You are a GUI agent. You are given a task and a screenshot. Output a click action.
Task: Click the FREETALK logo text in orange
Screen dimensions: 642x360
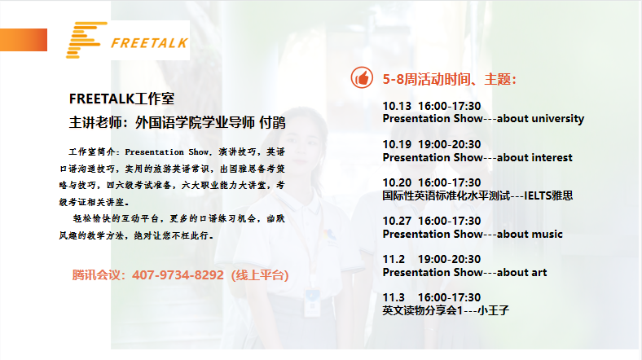149,43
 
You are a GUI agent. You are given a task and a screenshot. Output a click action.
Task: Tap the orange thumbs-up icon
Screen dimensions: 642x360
362,77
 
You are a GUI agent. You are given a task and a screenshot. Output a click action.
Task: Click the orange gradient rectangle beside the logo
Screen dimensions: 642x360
24,40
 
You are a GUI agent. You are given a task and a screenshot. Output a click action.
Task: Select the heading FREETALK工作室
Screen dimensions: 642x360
121,99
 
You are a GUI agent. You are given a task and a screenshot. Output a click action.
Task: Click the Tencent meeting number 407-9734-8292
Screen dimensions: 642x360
178,275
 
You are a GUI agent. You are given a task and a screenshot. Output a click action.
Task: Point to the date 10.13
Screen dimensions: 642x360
397,106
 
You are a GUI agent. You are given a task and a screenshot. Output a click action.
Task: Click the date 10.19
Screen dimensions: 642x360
397,144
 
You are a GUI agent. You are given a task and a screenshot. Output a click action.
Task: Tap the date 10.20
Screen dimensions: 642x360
397,182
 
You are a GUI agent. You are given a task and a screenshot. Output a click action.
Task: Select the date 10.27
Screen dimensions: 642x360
397,221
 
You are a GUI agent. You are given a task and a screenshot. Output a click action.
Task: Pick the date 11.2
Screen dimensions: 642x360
394,259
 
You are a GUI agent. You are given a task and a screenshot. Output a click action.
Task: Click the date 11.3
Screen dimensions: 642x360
394,297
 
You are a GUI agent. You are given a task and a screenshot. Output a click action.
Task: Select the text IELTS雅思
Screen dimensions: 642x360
548,195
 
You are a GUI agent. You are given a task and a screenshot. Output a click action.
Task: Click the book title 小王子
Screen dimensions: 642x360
494,310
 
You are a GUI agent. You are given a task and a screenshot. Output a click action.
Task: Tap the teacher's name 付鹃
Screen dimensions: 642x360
272,122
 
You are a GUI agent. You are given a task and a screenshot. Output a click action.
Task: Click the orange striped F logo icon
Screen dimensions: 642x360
86,40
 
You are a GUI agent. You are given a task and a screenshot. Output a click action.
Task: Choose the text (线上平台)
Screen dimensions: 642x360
260,275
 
